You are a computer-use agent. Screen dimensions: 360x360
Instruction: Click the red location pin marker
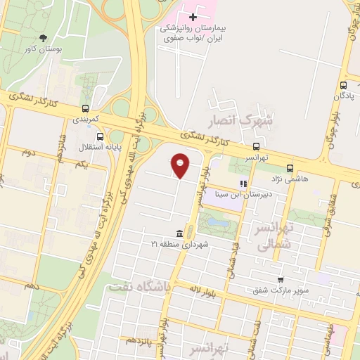point(181,165)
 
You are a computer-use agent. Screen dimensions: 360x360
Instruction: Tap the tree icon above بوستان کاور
point(45,38)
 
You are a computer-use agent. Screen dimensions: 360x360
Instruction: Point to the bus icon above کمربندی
point(85,109)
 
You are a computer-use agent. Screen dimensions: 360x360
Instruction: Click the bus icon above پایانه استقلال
point(100,136)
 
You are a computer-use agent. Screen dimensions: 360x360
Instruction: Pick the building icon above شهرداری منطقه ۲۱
point(181,233)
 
